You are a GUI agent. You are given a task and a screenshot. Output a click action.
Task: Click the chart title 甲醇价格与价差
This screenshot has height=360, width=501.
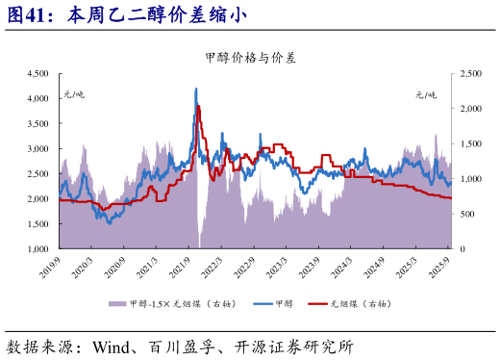point(250,58)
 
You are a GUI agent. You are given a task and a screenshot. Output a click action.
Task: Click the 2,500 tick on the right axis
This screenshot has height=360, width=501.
point(468,73)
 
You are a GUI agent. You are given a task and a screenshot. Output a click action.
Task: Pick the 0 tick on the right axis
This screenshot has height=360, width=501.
point(458,248)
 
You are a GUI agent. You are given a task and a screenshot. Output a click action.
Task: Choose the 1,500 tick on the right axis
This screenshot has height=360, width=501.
point(468,143)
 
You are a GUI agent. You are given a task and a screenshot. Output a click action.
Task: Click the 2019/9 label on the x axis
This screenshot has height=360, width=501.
point(51,266)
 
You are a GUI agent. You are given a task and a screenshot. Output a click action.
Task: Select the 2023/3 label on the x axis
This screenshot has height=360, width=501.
point(280,266)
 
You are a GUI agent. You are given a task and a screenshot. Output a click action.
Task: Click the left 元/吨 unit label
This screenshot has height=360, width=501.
point(74,94)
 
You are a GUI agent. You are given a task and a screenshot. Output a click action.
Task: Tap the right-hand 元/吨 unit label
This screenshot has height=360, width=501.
point(426,94)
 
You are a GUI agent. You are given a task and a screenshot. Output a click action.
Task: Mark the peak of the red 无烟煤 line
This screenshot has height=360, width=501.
point(198,106)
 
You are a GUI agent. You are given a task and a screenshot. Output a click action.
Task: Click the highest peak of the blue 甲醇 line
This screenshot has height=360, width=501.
point(196,89)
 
